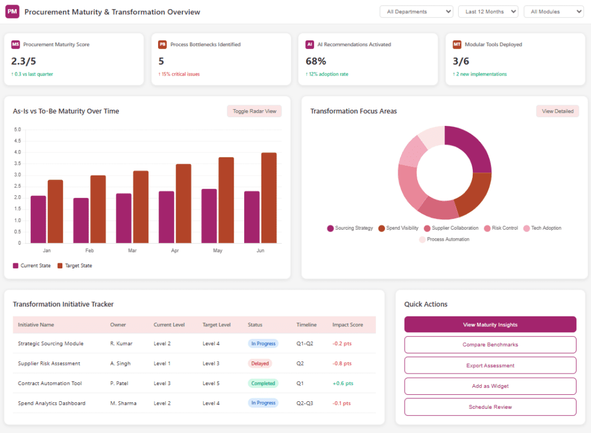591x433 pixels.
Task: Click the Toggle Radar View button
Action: (254, 111)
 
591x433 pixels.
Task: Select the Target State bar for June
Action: (269, 197)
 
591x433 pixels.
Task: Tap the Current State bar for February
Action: (81, 221)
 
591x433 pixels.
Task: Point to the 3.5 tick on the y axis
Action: (17, 164)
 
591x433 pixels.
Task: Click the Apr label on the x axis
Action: (175, 251)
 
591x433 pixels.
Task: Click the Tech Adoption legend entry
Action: (543, 228)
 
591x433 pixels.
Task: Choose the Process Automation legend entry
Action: (444, 240)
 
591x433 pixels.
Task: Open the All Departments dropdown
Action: (416, 12)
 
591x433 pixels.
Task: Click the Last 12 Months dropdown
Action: (488, 12)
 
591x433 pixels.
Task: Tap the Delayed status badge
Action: (260, 364)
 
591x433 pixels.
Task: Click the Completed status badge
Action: (263, 383)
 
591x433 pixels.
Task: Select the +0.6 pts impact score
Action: (343, 383)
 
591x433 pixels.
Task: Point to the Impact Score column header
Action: (347, 324)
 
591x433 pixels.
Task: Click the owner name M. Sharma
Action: (124, 404)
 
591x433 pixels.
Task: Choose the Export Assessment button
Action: (490, 365)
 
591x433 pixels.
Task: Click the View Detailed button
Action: (558, 111)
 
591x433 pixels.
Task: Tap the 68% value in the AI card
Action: (316, 61)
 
